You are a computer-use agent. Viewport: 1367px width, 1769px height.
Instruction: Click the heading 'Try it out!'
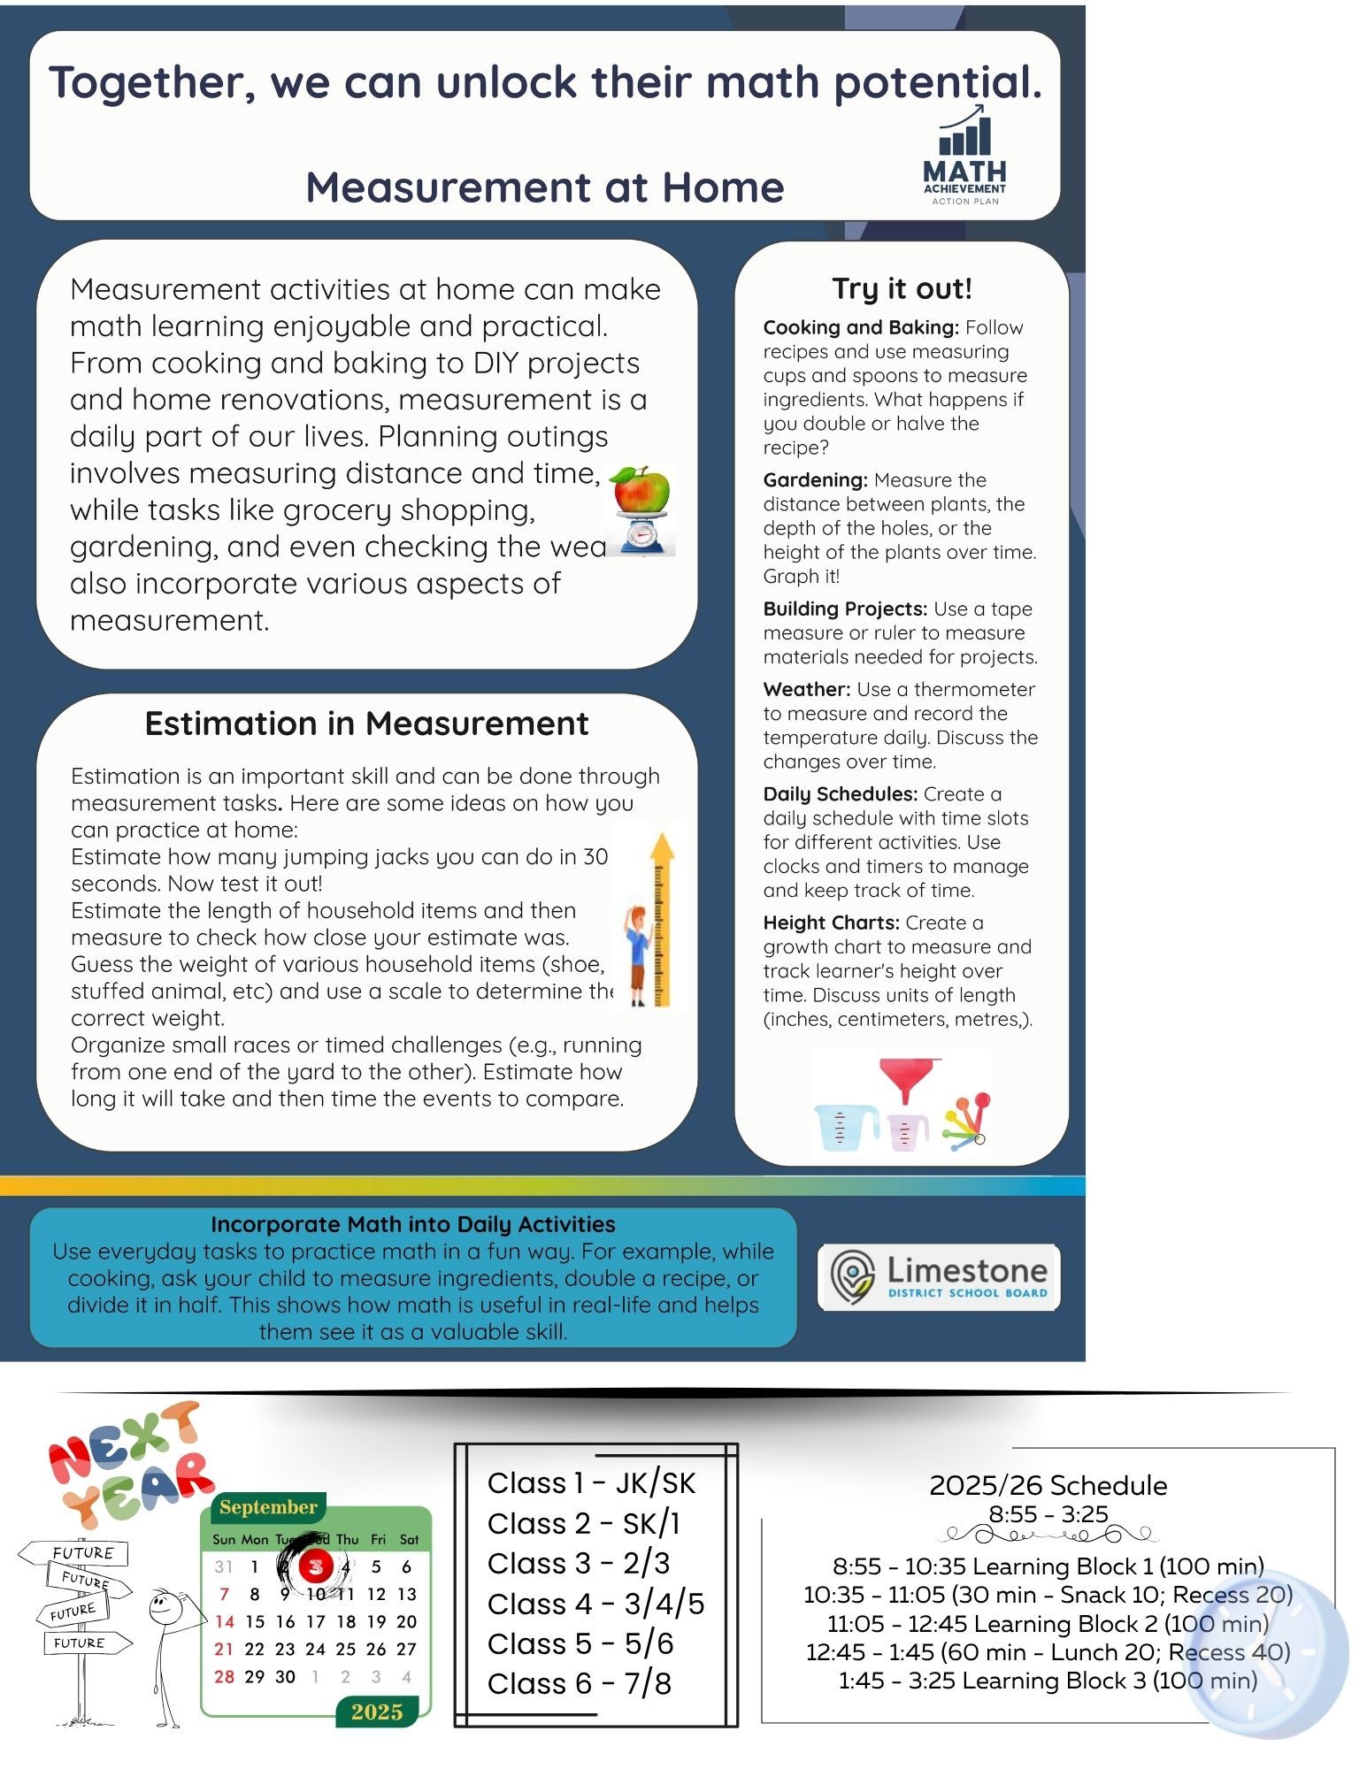point(902,288)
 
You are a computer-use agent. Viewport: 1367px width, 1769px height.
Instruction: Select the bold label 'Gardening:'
point(815,480)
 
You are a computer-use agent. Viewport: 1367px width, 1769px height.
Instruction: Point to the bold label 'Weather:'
point(806,690)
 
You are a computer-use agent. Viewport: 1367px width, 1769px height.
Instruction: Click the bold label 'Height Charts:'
point(831,923)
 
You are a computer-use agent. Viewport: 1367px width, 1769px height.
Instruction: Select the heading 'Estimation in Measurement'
point(366,724)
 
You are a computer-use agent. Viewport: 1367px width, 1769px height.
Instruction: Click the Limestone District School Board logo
point(939,1277)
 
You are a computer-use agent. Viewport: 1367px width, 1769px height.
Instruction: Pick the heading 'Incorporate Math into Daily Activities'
point(412,1224)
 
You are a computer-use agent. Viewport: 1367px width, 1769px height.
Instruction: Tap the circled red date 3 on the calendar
point(315,1566)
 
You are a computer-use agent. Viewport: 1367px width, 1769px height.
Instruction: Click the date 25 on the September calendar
point(346,1649)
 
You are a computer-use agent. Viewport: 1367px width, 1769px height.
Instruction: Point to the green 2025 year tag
point(377,1712)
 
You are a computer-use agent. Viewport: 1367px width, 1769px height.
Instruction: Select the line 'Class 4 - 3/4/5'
point(595,1604)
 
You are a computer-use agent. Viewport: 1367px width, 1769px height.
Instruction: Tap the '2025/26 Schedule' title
point(1048,1485)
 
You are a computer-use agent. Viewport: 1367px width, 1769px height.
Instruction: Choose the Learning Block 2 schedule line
point(1048,1624)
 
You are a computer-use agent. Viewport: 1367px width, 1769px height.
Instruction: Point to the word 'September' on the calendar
point(268,1507)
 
